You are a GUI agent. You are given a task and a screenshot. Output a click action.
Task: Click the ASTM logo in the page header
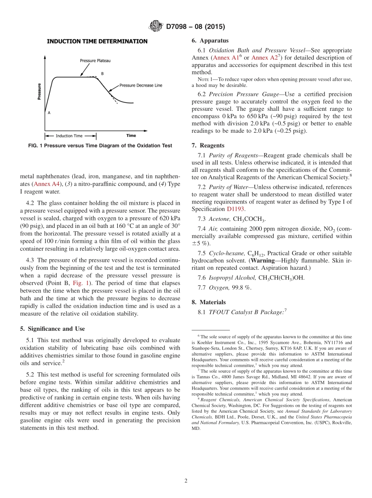(156, 26)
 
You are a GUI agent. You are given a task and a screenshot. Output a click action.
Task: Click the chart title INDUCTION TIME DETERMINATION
(97, 41)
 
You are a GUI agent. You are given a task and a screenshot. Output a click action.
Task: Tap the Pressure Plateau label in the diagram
(95, 61)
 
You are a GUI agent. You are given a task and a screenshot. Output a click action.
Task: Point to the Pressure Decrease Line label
(141, 85)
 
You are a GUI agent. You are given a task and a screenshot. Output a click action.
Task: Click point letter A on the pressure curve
(49, 113)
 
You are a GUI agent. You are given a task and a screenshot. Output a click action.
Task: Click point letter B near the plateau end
(102, 74)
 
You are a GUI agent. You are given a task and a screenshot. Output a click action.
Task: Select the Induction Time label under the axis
(69, 136)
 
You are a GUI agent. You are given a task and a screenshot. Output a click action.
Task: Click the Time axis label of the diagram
(131, 136)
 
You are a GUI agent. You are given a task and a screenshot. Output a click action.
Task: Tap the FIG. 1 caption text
(100, 146)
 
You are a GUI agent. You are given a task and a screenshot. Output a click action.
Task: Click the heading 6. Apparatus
(210, 41)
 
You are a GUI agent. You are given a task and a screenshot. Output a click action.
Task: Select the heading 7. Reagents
(208, 145)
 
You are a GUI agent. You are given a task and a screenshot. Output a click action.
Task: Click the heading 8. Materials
(209, 302)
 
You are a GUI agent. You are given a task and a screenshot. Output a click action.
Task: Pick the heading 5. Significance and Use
(52, 328)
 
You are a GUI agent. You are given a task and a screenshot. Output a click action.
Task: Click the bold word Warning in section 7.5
(263, 260)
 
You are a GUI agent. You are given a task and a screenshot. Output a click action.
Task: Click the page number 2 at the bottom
(186, 481)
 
